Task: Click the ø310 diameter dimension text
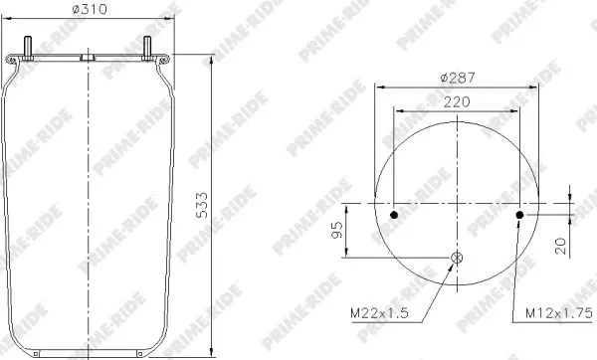[x=89, y=12]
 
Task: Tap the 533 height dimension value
[x=230, y=207]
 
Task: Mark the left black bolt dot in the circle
[x=394, y=214]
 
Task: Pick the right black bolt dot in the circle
[x=519, y=214]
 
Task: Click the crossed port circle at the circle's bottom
[x=457, y=261]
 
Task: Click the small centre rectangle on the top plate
[x=90, y=60]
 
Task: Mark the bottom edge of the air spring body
[x=90, y=353]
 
